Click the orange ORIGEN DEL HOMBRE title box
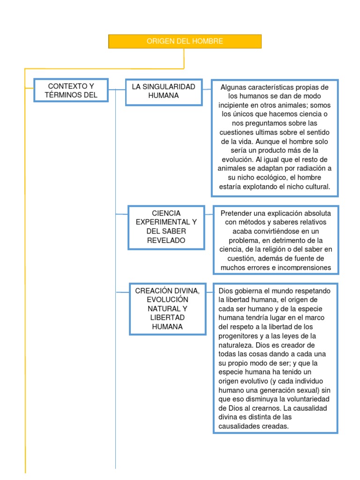(185, 41)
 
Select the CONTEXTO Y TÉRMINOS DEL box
(71, 90)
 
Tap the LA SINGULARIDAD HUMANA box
(163, 91)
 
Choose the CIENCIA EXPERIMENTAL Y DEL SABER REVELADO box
(166, 227)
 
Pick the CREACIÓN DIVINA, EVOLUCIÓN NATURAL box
(167, 308)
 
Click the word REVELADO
(166, 240)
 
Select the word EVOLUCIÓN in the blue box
(167, 300)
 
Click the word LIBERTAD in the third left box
(167, 318)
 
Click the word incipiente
(239, 105)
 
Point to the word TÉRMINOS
(62, 95)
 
